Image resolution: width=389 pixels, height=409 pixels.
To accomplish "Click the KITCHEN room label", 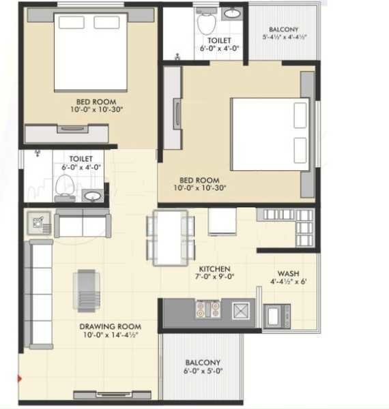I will pyautogui.click(x=214, y=269).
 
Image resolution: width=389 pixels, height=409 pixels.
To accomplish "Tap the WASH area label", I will pyautogui.click(x=287, y=273).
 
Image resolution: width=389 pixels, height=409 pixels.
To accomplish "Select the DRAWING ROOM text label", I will pyautogui.click(x=109, y=327).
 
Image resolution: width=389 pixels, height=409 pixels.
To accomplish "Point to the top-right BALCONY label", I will pyautogui.click(x=283, y=30).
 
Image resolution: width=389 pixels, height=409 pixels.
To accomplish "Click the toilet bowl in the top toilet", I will pyautogui.click(x=204, y=23).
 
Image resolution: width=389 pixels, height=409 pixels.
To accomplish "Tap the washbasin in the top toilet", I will pyautogui.click(x=232, y=13).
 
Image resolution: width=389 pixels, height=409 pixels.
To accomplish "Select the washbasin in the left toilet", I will pyautogui.click(x=91, y=196).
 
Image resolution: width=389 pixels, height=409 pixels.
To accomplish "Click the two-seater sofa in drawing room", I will pyautogui.click(x=82, y=223).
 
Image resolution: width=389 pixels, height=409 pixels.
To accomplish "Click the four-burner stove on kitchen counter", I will pyautogui.click(x=207, y=310).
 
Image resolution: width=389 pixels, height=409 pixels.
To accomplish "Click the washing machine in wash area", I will pyautogui.click(x=276, y=316).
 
